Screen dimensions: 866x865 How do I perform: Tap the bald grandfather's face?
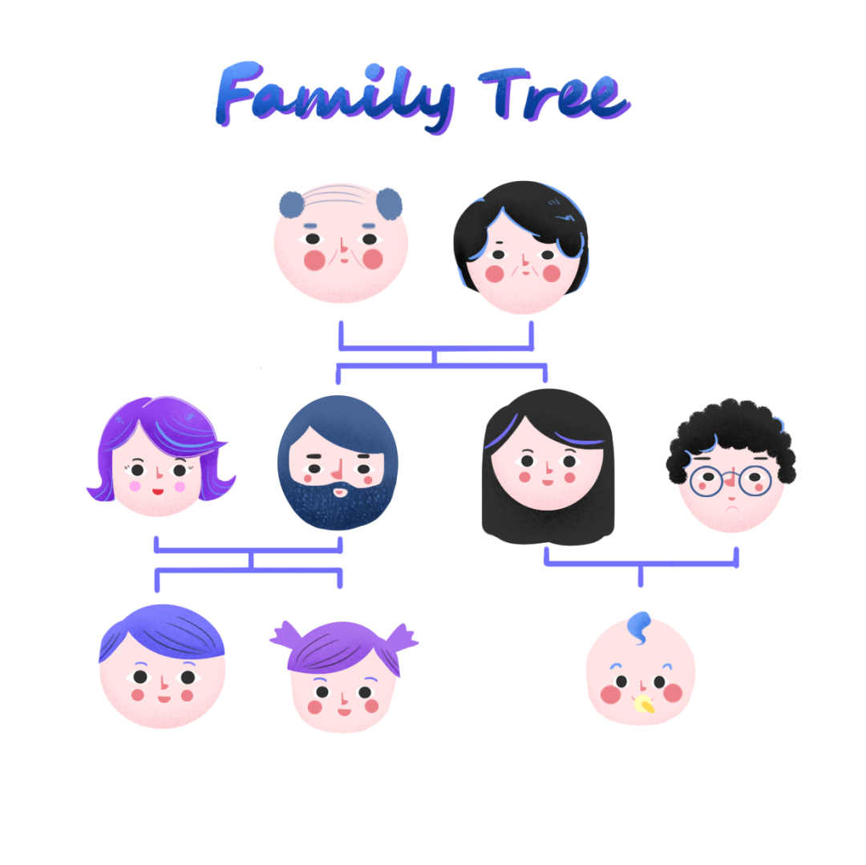coord(341,245)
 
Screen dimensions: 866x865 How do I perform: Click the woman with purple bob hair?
coord(160,458)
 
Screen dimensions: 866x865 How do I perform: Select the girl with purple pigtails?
coord(343,678)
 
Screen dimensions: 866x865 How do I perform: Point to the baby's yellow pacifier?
coord(644,704)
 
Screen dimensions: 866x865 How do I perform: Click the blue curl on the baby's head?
coord(639,626)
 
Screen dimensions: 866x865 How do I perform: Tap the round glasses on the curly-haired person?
coord(730,481)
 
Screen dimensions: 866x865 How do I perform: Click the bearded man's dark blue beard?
coord(337,505)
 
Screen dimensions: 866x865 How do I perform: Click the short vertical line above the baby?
coord(640,576)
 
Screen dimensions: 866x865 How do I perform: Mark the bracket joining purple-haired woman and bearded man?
coord(249,551)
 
